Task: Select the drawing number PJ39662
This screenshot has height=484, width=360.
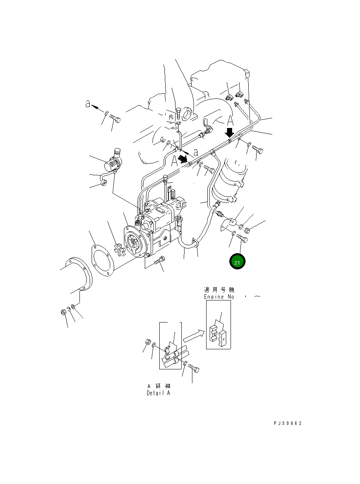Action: [x=288, y=423]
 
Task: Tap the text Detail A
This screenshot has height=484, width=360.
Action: [x=159, y=393]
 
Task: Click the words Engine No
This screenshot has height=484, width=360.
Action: [x=219, y=297]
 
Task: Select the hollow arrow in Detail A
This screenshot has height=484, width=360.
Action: [x=194, y=336]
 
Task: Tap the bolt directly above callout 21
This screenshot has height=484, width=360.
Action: [x=242, y=239]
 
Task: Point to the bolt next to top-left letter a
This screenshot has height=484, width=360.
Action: [x=115, y=117]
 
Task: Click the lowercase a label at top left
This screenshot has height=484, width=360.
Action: [x=89, y=104]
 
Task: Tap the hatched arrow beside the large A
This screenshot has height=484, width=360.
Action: [x=182, y=158]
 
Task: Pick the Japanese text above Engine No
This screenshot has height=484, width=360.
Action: [x=219, y=289]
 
